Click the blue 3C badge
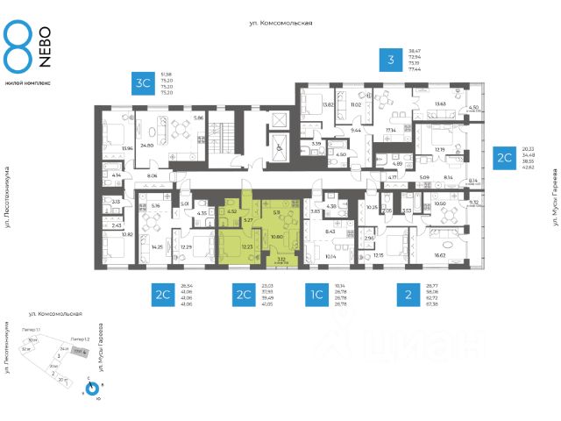pyautogui.click(x=142, y=82)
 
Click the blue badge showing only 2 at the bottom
pyautogui.click(x=408, y=294)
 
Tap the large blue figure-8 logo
pyautogui.click(x=18, y=48)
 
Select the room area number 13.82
pyautogui.click(x=304, y=105)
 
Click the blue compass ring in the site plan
pyautogui.click(x=92, y=386)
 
